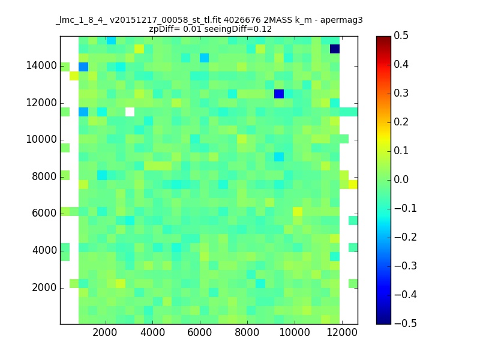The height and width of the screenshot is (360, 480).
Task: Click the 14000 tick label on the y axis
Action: (x=41, y=65)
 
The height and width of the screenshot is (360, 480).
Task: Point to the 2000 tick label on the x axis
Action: (x=104, y=332)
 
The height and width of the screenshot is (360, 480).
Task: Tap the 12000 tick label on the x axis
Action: (x=342, y=332)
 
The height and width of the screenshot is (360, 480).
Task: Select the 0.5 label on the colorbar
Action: (x=401, y=35)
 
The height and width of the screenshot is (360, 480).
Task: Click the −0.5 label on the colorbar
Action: (x=406, y=323)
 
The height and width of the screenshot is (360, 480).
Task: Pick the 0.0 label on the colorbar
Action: (x=401, y=179)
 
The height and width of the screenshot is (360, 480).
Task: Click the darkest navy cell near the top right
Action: (x=335, y=49)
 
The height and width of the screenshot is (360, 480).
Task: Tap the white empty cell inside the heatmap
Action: (x=130, y=112)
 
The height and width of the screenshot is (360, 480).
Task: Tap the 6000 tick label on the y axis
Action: (x=44, y=213)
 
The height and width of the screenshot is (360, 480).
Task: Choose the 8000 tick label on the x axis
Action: (x=247, y=332)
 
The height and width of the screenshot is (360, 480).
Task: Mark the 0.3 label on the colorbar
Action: (x=401, y=93)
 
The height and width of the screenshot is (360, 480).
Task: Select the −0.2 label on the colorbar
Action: (x=406, y=237)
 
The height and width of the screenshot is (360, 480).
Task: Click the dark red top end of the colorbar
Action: (x=383, y=37)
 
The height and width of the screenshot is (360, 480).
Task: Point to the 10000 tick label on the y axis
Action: (x=41, y=140)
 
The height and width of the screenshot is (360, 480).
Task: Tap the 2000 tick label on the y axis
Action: (x=44, y=287)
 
